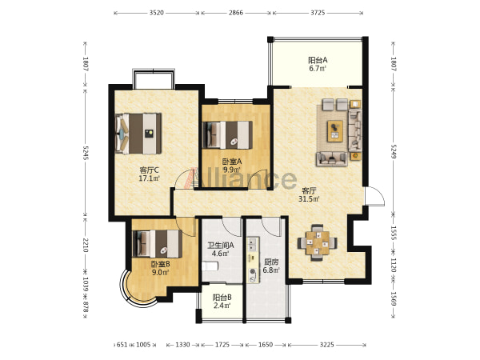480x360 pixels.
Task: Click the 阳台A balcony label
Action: [x=318, y=60]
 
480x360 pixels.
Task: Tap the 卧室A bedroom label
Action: [x=232, y=162]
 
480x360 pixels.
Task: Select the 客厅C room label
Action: [x=149, y=170]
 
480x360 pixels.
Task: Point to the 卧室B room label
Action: [x=161, y=263]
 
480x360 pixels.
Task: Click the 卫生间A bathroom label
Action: [x=221, y=246]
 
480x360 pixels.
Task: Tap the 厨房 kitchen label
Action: [x=271, y=262]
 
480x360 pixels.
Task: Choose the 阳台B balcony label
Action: [x=222, y=298]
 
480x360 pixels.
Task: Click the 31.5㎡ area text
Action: [x=309, y=199]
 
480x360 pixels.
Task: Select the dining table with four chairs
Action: [x=318, y=243]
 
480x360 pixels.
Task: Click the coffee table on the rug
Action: [x=335, y=131]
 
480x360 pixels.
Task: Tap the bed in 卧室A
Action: [x=227, y=135]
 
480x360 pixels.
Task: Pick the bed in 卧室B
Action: [x=157, y=244]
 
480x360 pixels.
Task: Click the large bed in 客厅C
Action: [x=138, y=134]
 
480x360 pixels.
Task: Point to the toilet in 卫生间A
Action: [x=210, y=266]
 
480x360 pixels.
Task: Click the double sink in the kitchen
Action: [x=253, y=245]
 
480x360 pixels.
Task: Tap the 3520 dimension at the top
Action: [x=157, y=13]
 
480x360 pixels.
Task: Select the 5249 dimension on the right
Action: [x=394, y=152]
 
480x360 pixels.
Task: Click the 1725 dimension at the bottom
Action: [x=222, y=345]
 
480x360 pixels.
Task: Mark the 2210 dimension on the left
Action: [x=86, y=246]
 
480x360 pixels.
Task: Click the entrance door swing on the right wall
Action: [x=374, y=196]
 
